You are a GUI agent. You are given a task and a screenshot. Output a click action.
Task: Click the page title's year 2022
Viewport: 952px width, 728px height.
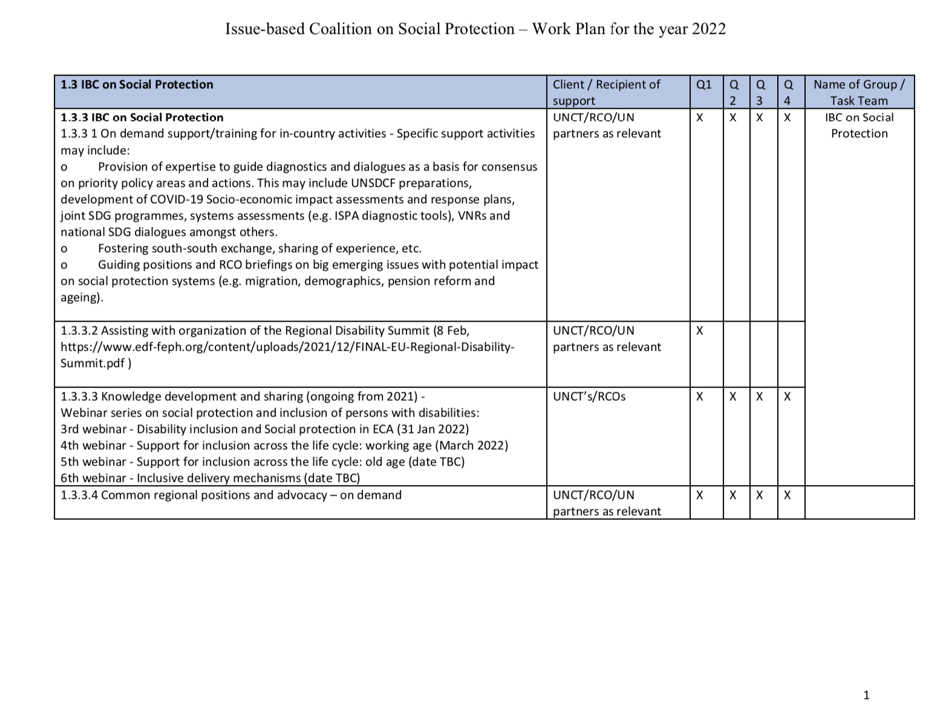pyautogui.click(x=709, y=29)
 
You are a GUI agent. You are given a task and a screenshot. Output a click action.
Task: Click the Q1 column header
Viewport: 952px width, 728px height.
pyautogui.click(x=704, y=85)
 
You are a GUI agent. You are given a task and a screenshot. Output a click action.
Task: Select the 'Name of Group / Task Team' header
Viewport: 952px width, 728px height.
pyautogui.click(x=859, y=93)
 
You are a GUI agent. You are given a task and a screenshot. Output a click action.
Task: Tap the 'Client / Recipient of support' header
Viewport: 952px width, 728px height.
pyautogui.click(x=606, y=93)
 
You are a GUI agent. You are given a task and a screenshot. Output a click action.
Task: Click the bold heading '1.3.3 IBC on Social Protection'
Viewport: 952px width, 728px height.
pyautogui.click(x=142, y=117)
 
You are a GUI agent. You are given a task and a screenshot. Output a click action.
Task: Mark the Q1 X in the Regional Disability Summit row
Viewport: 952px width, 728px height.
pyautogui.click(x=700, y=331)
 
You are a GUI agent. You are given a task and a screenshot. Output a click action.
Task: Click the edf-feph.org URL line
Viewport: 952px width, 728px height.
pyautogui.click(x=287, y=347)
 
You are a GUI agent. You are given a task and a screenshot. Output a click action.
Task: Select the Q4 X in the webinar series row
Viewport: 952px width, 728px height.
pyautogui.click(x=787, y=397)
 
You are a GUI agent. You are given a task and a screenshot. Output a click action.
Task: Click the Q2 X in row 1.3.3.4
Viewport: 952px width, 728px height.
pyautogui.click(x=733, y=495)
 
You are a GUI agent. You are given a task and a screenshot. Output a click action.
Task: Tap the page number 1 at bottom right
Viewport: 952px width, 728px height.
pyautogui.click(x=867, y=695)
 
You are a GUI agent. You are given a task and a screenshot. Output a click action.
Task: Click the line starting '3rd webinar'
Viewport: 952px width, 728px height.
pyautogui.click(x=264, y=429)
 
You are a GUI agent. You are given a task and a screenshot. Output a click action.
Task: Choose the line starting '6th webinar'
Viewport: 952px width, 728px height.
pyautogui.click(x=210, y=478)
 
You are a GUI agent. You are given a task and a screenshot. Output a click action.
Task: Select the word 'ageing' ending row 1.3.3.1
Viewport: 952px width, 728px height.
pyautogui.click(x=79, y=297)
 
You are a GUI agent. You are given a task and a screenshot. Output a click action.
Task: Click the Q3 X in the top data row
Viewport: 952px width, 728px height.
pyautogui.click(x=760, y=118)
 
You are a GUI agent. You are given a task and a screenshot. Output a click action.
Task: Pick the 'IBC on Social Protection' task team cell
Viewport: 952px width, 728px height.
pyautogui.click(x=859, y=125)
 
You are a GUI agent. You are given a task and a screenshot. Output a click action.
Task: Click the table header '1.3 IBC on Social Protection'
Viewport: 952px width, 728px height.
pyautogui.click(x=137, y=85)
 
